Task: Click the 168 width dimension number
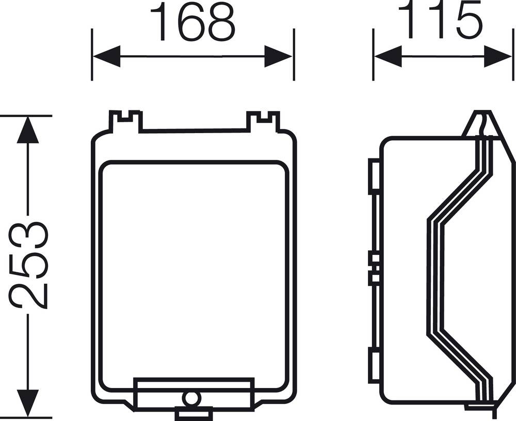tap(192, 22)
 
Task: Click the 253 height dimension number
tap(29, 265)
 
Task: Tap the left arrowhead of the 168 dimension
tap(106, 56)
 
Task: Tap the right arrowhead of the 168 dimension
tap(278, 56)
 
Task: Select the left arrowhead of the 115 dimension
tap(388, 56)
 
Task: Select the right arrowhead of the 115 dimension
tap(498, 56)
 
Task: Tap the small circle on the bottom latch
tap(191, 398)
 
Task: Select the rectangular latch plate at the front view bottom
tap(155, 392)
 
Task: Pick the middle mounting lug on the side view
tap(374, 268)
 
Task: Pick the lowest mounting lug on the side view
tap(374, 365)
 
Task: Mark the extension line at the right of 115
tap(513, 54)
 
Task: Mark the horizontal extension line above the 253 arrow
tap(26, 116)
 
